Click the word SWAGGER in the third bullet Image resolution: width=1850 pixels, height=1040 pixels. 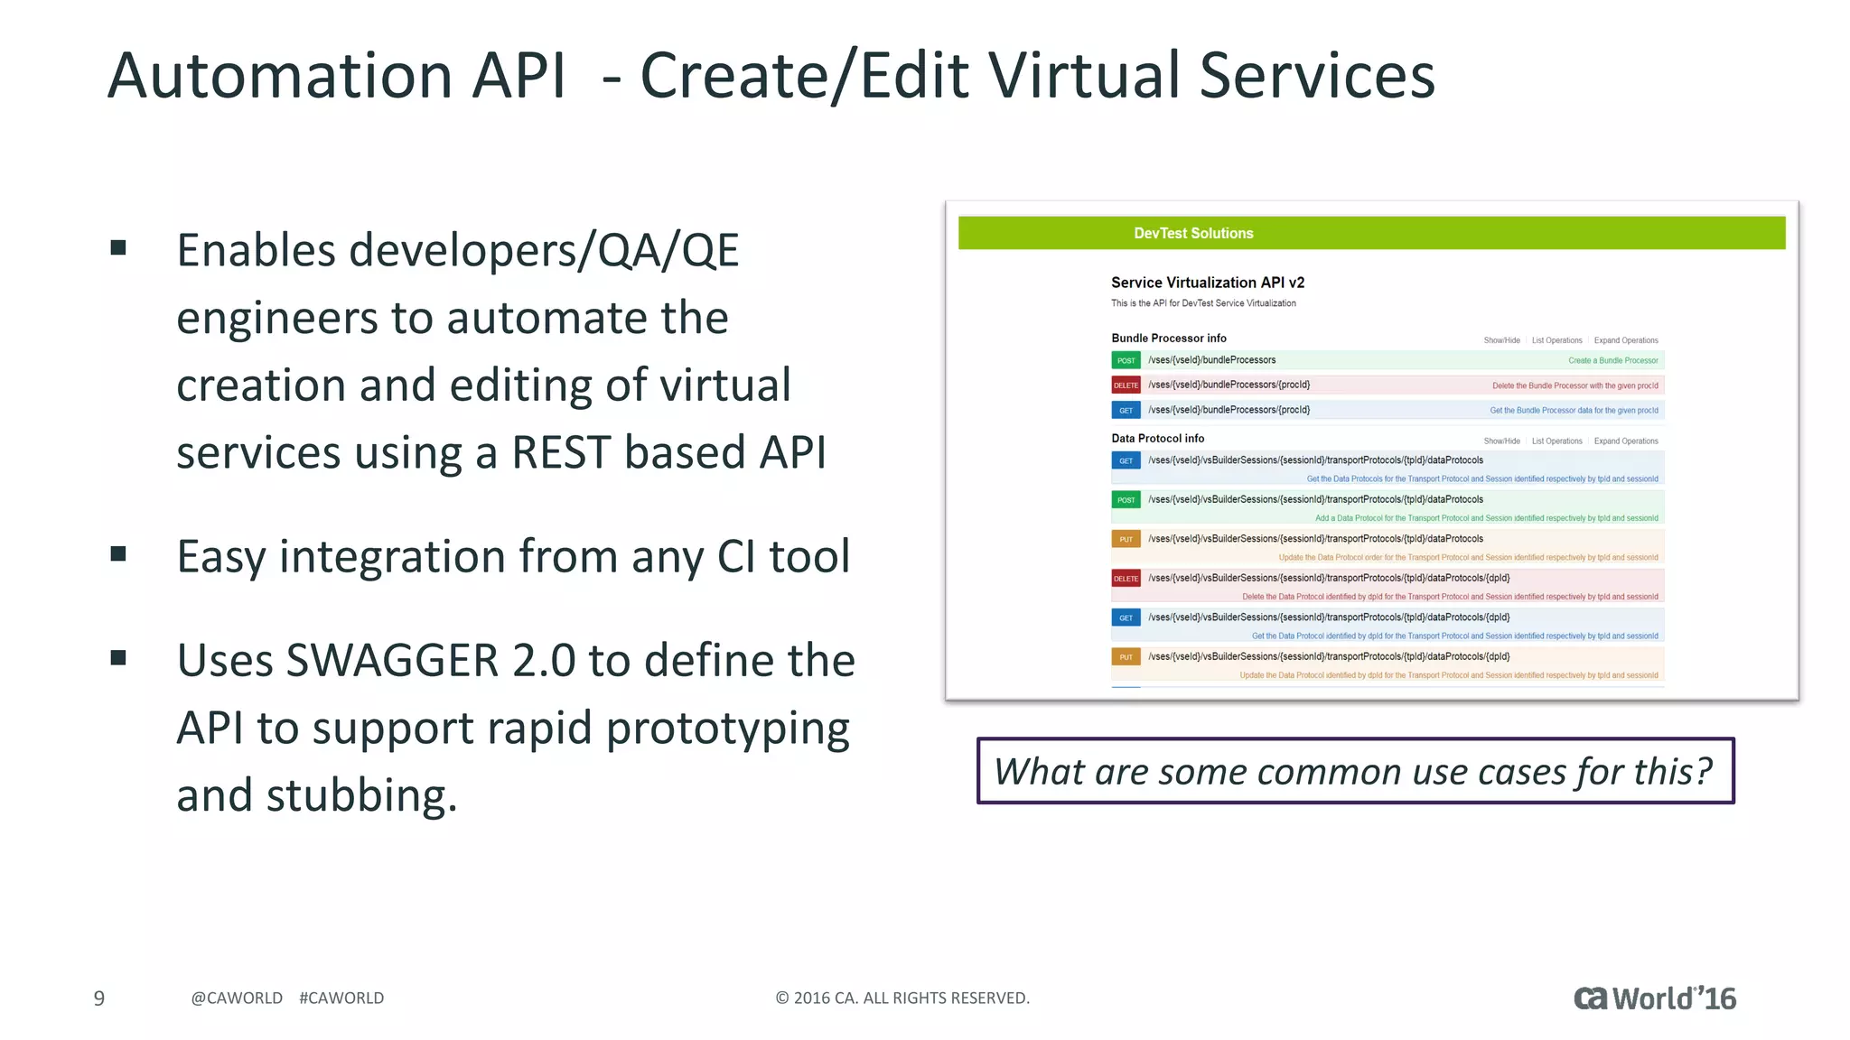click(392, 661)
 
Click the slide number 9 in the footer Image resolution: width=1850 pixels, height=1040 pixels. click(99, 998)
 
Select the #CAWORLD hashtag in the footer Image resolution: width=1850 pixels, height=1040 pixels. click(341, 998)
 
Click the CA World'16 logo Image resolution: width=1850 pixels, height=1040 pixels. click(1654, 998)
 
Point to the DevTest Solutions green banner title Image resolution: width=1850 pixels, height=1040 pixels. click(1193, 233)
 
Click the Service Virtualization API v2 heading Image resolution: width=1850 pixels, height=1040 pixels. click(1208, 283)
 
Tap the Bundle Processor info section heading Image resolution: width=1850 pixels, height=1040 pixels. click(1169, 339)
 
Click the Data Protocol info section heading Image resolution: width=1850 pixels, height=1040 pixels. click(1157, 439)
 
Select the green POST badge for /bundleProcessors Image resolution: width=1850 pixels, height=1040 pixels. click(1126, 360)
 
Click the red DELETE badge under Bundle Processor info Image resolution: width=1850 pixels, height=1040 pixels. click(1126, 385)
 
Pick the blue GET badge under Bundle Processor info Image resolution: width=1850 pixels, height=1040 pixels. click(1126, 410)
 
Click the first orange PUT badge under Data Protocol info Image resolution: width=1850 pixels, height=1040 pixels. click(1126, 539)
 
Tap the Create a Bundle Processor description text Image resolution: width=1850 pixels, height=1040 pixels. click(1612, 360)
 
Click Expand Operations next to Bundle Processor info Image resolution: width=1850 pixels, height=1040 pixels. click(1625, 340)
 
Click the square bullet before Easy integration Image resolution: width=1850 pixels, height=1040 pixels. click(118, 553)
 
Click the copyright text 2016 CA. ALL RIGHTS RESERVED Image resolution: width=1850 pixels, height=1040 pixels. click(902, 998)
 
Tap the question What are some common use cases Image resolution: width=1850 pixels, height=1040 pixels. click(1354, 772)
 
